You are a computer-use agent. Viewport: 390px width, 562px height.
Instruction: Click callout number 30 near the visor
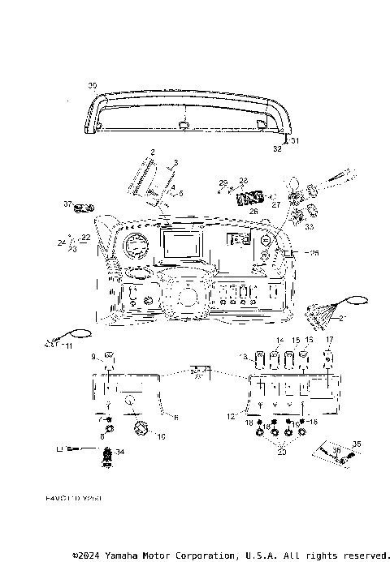(92, 84)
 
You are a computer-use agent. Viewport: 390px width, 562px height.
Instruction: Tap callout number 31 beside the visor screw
(296, 140)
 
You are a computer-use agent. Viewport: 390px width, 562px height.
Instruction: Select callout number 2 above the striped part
(152, 152)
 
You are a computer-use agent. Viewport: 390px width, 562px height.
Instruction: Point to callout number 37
(69, 204)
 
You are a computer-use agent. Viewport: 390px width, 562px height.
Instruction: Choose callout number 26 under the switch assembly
(253, 211)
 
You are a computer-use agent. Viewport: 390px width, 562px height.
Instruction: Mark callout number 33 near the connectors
(309, 227)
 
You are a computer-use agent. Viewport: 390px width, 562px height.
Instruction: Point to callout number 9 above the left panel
(93, 355)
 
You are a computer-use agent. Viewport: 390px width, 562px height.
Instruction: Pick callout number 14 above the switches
(279, 340)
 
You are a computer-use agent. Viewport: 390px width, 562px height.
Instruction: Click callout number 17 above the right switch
(329, 340)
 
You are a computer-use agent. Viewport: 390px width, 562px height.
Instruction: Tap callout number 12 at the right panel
(231, 416)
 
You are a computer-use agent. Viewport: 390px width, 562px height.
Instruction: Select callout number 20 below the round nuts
(282, 452)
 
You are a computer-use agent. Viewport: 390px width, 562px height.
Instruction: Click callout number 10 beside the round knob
(161, 437)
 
